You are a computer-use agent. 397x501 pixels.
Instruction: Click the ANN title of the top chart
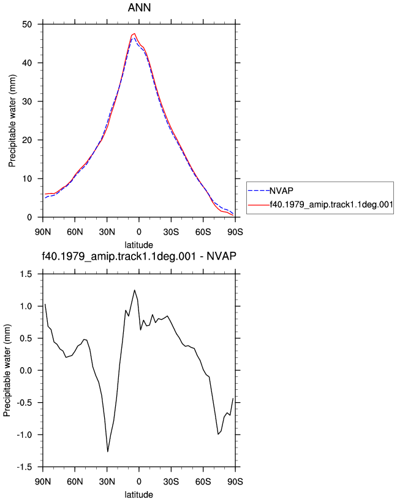[x=139, y=7]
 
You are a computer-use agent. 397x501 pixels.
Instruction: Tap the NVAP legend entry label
[x=281, y=191]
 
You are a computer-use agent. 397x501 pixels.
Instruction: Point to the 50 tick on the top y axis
[x=27, y=25]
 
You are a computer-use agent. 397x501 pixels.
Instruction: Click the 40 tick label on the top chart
[x=27, y=63]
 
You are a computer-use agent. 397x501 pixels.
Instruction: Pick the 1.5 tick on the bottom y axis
[x=26, y=274]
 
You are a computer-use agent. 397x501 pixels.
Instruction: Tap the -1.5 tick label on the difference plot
[x=25, y=467]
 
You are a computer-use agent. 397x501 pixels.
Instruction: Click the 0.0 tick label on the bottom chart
[x=26, y=371]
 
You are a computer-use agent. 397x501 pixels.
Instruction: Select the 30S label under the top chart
[x=171, y=232]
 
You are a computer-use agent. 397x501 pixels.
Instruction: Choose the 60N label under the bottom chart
[x=75, y=481]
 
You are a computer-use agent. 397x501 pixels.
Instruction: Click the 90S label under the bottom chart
[x=235, y=481]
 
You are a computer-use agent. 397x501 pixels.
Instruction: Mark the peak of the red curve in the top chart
[x=135, y=33]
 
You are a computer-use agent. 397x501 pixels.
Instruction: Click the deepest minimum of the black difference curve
[x=108, y=452]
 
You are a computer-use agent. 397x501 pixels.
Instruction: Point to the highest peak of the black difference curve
[x=135, y=290]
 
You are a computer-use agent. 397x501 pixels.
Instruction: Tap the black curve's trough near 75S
[x=218, y=434]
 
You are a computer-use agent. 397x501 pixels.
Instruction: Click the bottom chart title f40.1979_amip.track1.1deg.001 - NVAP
[x=139, y=256]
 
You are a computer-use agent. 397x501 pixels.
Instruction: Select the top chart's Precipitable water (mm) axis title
[x=12, y=121]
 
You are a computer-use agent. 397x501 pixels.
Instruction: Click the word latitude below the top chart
[x=138, y=245]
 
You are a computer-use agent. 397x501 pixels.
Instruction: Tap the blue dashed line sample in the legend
[x=259, y=191]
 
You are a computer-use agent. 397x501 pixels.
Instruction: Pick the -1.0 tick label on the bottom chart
[x=25, y=435]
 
